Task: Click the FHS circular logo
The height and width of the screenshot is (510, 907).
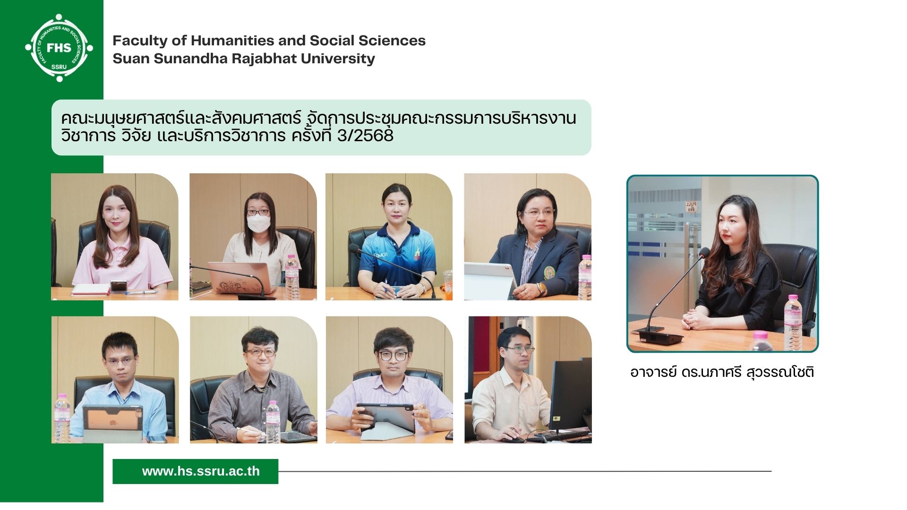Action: click(59, 48)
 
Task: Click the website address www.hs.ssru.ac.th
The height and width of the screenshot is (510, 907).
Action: click(201, 471)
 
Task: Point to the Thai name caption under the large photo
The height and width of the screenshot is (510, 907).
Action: click(722, 373)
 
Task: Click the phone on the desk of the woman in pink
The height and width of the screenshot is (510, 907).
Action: click(118, 286)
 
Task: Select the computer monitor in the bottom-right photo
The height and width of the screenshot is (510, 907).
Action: click(570, 394)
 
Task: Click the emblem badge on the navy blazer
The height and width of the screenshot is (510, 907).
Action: click(549, 272)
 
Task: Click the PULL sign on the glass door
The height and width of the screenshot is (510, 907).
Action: click(691, 206)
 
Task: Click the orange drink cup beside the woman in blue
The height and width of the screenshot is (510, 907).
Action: click(447, 284)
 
